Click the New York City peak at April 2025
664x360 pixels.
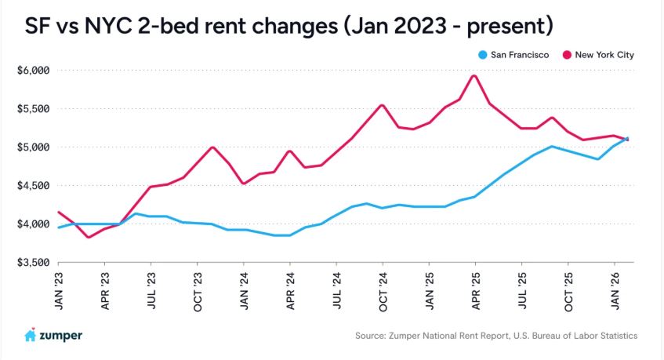[x=474, y=75]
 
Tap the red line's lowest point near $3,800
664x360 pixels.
[x=89, y=237]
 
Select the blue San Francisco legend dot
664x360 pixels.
[x=483, y=55]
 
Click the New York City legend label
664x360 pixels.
[x=604, y=55]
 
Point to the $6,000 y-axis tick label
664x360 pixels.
[x=33, y=71]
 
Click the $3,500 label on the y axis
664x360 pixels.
[x=33, y=263]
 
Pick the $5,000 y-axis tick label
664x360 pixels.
[x=33, y=147]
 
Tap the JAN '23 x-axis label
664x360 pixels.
[x=59, y=291]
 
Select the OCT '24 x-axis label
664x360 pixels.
[x=383, y=291]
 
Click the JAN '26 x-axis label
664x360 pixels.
[x=615, y=291]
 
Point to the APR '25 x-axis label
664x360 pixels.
[x=475, y=291]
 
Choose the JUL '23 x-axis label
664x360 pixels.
[x=151, y=291]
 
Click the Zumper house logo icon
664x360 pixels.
[x=31, y=335]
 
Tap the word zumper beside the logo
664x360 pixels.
[x=62, y=336]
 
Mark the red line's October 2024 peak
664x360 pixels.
[x=382, y=105]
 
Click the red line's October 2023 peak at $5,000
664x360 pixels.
[x=212, y=147]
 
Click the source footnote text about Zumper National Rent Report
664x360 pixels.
[x=496, y=336]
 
